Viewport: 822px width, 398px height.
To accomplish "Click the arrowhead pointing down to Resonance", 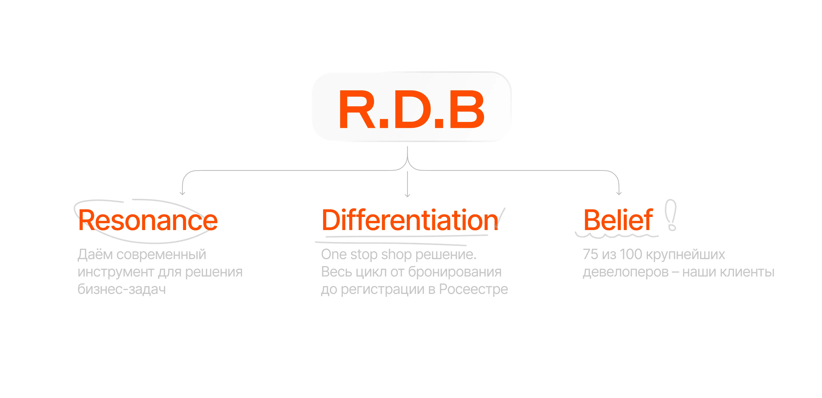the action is [182, 193].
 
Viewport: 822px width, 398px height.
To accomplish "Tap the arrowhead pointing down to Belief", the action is [619, 193].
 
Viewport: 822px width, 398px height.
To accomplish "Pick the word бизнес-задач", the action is [122, 289].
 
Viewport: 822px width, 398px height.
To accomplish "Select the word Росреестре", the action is [473, 289].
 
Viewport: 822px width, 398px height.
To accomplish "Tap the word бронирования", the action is [455, 272].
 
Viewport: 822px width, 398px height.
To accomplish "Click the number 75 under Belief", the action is [590, 255].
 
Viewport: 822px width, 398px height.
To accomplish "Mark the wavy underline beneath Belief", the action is [617, 236].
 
